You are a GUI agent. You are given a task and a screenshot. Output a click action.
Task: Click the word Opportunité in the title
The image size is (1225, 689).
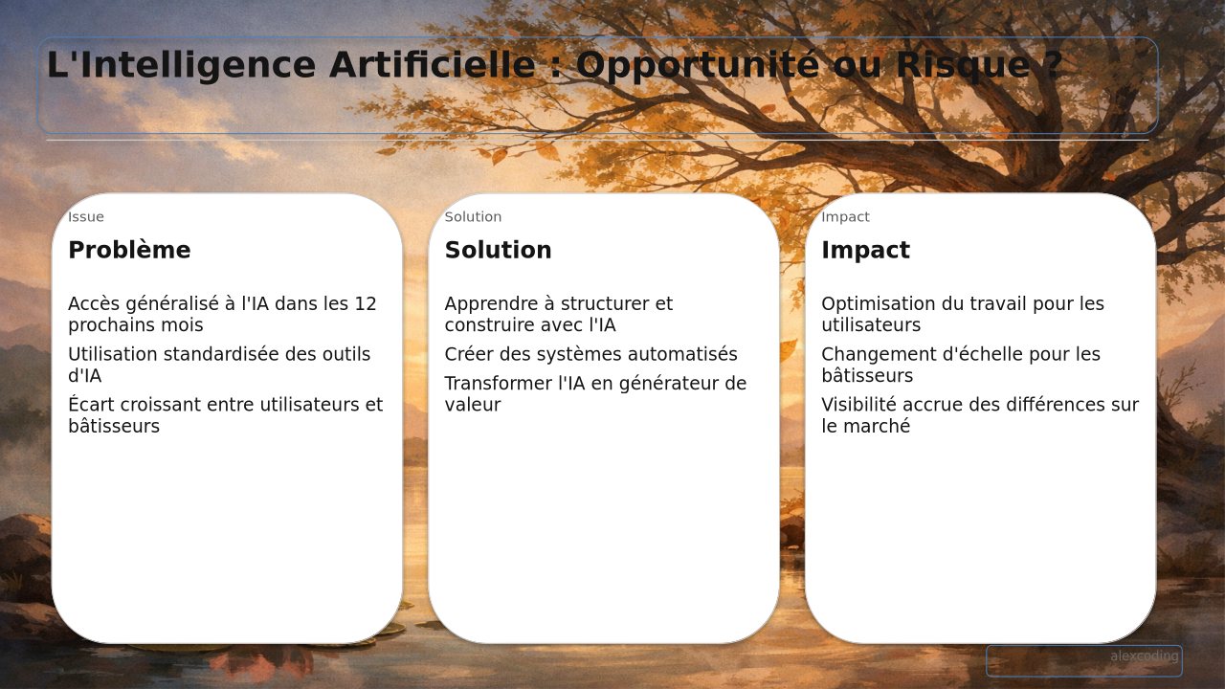(x=698, y=66)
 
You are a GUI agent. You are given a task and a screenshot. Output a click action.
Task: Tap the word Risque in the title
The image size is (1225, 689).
(x=964, y=66)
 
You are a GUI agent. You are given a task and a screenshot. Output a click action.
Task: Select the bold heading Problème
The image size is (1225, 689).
(x=129, y=250)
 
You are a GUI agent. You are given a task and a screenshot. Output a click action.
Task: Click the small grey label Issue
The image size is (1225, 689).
(x=86, y=217)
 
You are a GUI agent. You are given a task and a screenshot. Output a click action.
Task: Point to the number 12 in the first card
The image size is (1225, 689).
(x=366, y=303)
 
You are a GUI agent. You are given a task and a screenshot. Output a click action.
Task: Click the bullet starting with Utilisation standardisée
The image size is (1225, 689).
(x=219, y=365)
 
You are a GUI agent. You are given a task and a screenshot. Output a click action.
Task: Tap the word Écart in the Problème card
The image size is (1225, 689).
(x=92, y=404)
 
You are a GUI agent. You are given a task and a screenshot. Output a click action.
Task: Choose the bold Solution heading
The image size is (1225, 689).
(x=499, y=250)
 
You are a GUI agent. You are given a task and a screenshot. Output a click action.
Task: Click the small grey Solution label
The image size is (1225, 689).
(x=473, y=217)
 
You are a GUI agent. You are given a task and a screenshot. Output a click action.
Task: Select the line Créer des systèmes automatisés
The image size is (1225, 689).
(x=591, y=354)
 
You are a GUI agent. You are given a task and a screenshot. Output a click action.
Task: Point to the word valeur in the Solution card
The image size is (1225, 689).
(x=473, y=405)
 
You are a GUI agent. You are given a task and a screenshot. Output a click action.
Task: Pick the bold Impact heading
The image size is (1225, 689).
(x=866, y=251)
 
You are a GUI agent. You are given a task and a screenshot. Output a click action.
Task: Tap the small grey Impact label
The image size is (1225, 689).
(x=845, y=217)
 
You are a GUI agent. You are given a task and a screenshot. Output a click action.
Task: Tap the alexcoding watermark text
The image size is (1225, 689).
(x=1145, y=656)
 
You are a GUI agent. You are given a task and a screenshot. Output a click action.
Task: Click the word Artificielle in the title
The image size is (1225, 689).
(x=433, y=64)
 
